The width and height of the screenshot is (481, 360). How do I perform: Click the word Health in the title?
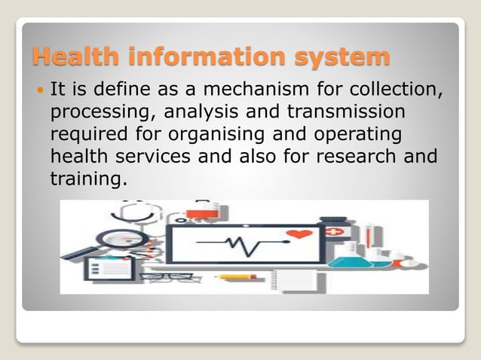[75, 56]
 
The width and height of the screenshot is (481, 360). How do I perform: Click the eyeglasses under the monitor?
[167, 277]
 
